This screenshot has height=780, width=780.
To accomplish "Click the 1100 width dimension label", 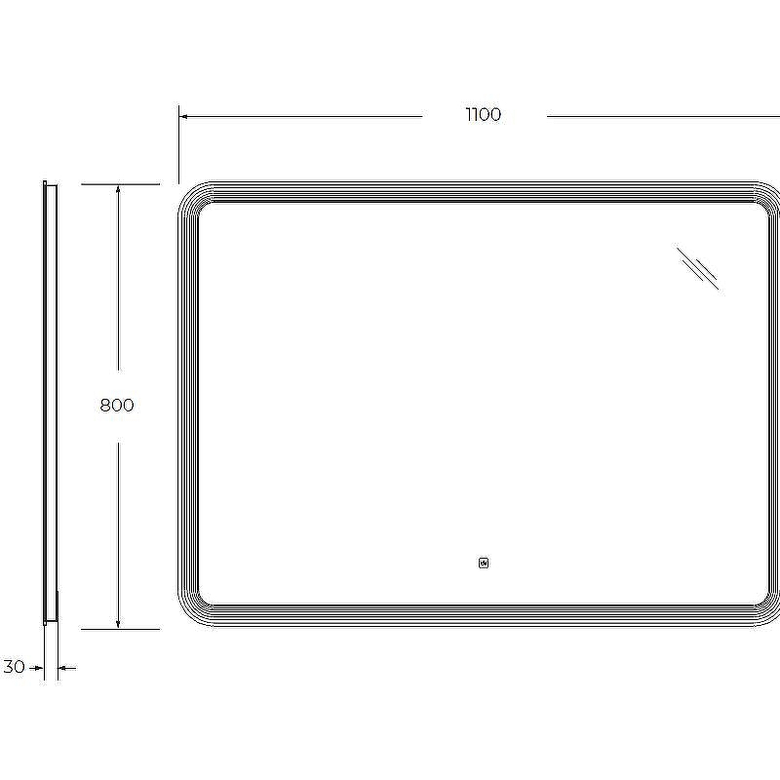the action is [x=483, y=114].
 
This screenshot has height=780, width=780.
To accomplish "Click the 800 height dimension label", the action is [x=117, y=405].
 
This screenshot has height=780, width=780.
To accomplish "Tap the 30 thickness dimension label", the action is [x=14, y=667].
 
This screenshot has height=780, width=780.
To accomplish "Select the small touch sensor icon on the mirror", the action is [x=484, y=564].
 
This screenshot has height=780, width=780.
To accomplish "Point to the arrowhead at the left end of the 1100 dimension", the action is [x=183, y=116].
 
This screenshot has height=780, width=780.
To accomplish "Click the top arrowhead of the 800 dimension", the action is [x=118, y=189].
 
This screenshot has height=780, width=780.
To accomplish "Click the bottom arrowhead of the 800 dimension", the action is [x=118, y=623].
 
